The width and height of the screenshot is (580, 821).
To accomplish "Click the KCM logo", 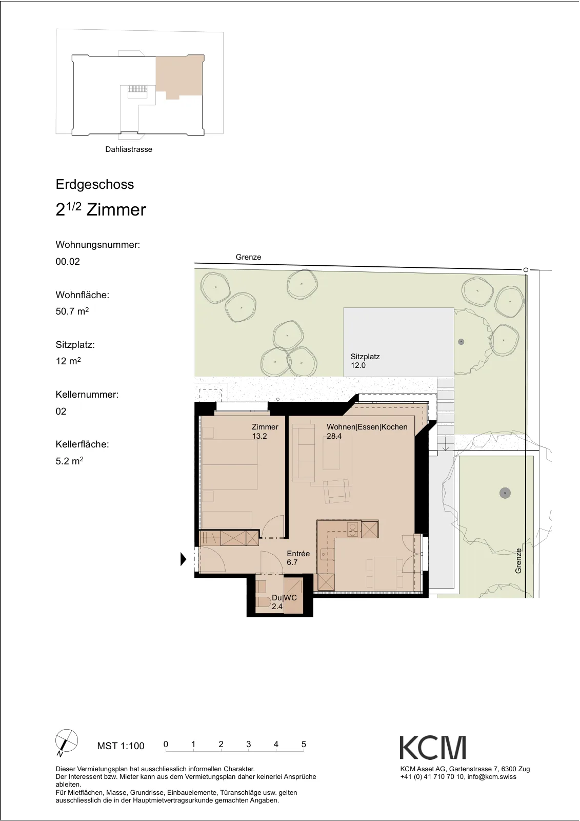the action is click(x=432, y=748).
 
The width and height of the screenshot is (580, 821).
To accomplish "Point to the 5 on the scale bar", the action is click(x=304, y=745).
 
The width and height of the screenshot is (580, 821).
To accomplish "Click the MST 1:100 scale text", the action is click(x=121, y=746).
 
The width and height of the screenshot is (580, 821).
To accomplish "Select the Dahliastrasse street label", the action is click(x=129, y=149).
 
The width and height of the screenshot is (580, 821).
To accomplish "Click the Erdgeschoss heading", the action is click(x=94, y=184).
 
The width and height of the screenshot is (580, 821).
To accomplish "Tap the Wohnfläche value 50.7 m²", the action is click(x=72, y=311).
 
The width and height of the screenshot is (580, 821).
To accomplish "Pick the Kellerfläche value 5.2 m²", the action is click(x=69, y=461).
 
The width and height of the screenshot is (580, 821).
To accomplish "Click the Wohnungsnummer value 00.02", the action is click(x=67, y=262).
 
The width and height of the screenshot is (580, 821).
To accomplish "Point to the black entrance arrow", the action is click(x=183, y=560).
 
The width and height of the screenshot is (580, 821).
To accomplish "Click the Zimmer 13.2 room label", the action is click(x=265, y=432).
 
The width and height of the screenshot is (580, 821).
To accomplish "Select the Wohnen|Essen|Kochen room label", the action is click(x=367, y=432).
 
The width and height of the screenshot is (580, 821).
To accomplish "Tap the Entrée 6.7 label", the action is click(x=298, y=558).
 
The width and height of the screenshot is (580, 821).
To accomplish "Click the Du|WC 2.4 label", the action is click(x=284, y=602).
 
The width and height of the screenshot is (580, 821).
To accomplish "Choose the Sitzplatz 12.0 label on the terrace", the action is click(x=365, y=361).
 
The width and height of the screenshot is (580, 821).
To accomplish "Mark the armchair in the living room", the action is click(x=337, y=492).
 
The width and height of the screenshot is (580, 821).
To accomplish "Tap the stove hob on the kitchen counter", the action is click(x=353, y=530).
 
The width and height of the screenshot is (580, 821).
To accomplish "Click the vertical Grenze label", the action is click(x=518, y=561).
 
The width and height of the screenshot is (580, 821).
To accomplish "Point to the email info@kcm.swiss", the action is click(x=492, y=777).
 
